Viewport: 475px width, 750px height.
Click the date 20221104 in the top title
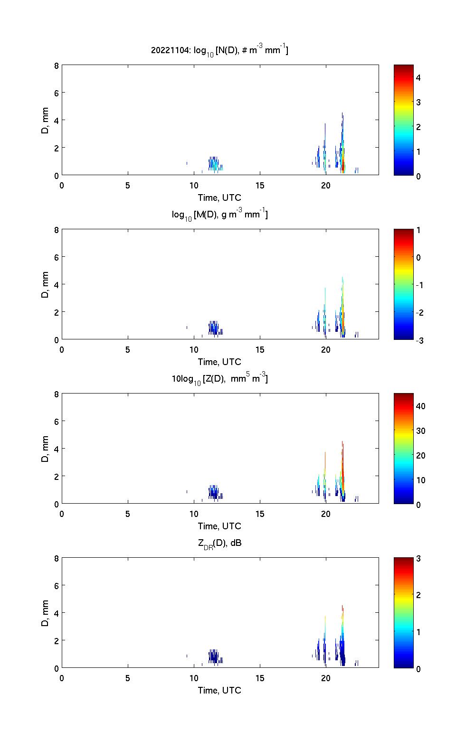point(169,50)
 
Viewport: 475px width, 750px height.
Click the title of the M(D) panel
point(219,215)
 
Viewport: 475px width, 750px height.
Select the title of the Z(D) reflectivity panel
point(219,379)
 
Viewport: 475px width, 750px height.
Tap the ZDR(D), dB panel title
point(219,543)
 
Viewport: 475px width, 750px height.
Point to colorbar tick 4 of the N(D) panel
point(418,77)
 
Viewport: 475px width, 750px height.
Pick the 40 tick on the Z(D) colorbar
point(420,406)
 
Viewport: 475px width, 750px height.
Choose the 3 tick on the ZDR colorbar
point(418,559)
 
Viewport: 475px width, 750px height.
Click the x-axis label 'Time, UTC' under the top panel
point(219,197)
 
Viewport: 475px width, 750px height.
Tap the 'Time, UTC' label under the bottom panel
point(219,690)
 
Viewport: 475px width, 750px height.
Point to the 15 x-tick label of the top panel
point(260,186)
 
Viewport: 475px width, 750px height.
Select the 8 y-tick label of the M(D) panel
point(56,230)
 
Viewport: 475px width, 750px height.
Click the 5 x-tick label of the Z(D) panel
point(128,514)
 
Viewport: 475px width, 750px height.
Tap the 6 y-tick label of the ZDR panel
point(56,586)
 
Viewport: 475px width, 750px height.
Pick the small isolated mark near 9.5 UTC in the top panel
point(187,163)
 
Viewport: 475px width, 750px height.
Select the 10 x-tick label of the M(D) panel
point(194,350)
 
